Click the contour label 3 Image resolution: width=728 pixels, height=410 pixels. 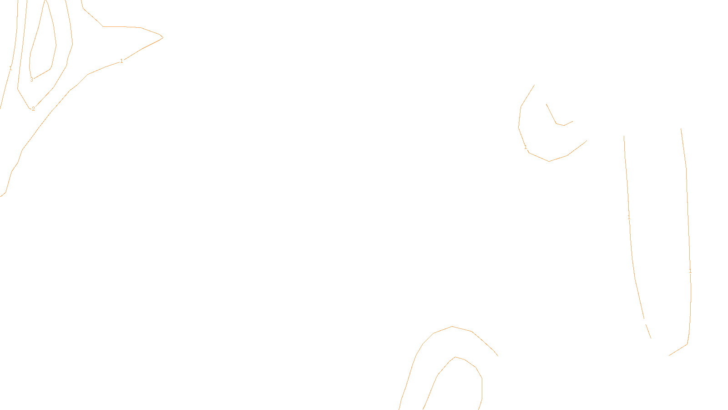pos(31,80)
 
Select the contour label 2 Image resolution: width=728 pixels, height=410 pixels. pos(33,109)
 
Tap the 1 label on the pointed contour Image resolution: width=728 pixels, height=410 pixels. pos(121,61)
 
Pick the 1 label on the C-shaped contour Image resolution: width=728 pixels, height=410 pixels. pos(526,147)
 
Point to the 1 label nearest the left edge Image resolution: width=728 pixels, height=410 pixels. pos(10,69)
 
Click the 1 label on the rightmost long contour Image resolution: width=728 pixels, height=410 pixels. pos(690,271)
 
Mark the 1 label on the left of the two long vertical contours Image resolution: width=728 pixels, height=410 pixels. pos(629,217)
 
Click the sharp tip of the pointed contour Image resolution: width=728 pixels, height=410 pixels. pos(162,37)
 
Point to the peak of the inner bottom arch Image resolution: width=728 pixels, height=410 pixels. pos(455,357)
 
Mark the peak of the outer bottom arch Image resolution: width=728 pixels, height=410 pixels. pos(452,327)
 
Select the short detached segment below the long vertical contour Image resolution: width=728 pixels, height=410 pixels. pos(648,331)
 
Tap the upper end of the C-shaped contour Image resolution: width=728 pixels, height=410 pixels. pos(534,85)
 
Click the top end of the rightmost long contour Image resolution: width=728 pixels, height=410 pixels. pos(681,129)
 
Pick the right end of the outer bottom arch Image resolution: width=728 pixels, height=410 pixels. pos(497,355)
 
